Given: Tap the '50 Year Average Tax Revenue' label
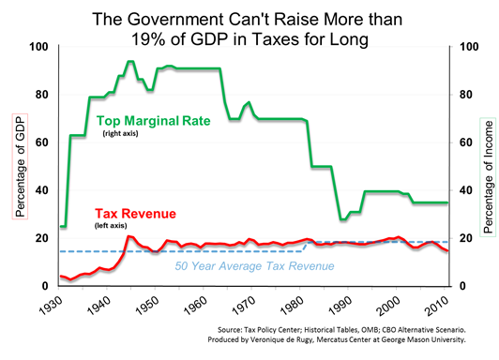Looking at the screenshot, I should coord(255,267).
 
